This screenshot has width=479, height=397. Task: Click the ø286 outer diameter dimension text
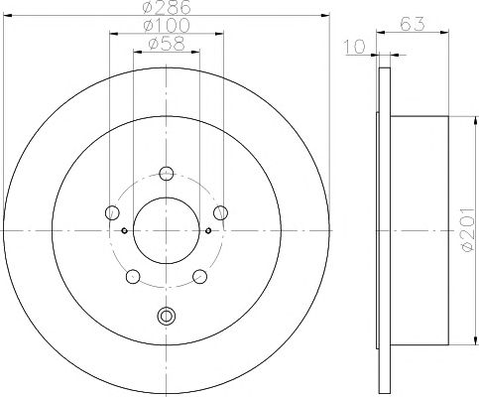point(167,7)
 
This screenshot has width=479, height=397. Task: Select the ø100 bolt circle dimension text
point(167,25)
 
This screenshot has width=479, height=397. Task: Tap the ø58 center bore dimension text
point(167,44)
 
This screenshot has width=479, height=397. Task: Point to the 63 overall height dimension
point(413,24)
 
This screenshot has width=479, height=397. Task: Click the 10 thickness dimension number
point(355,47)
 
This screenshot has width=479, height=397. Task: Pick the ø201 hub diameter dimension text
point(468,230)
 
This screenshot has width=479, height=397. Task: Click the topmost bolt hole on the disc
point(167,173)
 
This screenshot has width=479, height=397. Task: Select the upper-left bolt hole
point(112,212)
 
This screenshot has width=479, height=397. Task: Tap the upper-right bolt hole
point(220,212)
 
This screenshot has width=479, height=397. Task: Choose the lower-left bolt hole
point(133,276)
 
